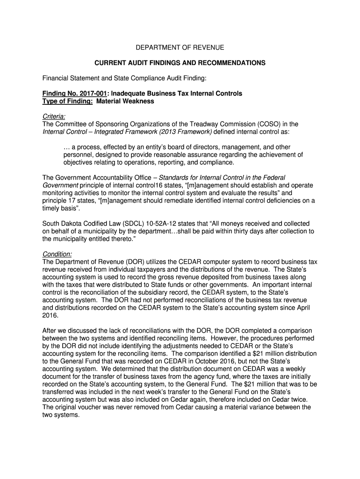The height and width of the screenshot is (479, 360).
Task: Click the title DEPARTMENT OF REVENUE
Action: click(x=180, y=47)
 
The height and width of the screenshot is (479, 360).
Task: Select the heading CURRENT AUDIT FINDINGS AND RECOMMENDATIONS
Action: click(x=180, y=63)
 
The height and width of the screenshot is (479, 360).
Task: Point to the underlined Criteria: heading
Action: click(x=54, y=116)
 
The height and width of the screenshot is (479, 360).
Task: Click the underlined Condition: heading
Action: click(x=57, y=254)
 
